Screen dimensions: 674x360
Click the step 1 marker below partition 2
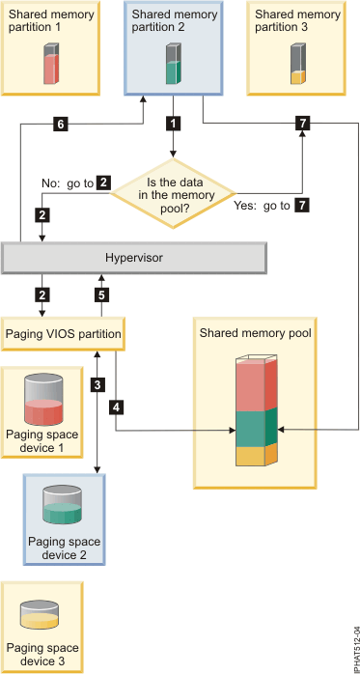[173, 124]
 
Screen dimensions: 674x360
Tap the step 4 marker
[117, 407]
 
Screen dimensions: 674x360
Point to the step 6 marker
[61, 124]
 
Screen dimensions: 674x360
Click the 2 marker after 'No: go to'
[103, 181]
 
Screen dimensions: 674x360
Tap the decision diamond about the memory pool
[174, 185]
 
